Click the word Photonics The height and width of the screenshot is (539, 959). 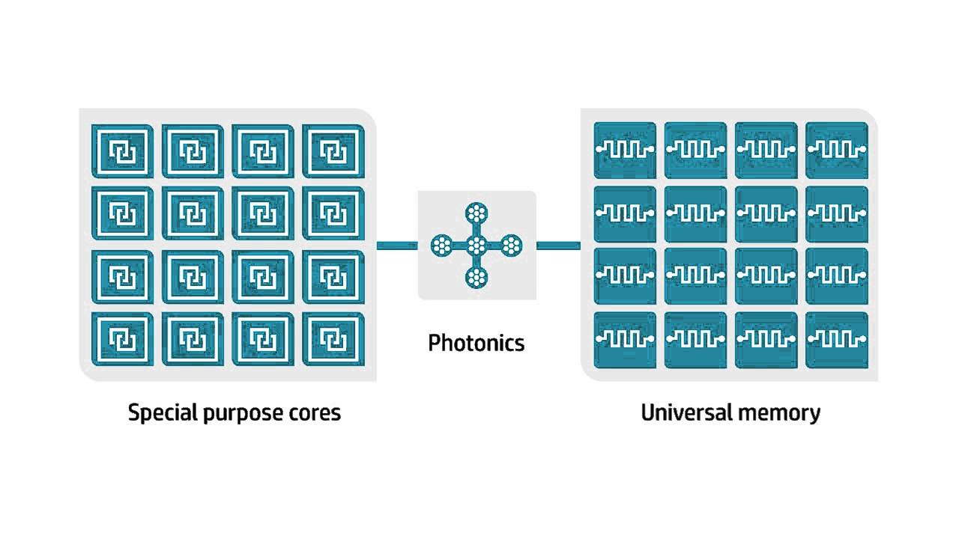[476, 343]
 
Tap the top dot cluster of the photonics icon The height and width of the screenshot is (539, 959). [476, 213]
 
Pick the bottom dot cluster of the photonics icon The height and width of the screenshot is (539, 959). [476, 277]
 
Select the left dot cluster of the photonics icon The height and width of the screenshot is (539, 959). [442, 245]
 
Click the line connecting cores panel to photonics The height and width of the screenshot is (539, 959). [396, 245]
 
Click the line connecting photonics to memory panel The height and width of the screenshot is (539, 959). [557, 245]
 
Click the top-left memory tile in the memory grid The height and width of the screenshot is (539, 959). [624, 149]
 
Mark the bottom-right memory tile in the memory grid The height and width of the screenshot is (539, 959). [837, 339]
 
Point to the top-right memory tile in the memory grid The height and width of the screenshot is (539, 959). [837, 149]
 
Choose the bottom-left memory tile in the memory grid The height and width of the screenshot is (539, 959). [624, 339]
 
